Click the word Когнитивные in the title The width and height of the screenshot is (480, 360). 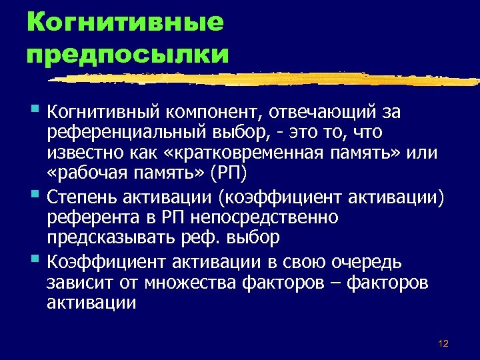[x=125, y=22]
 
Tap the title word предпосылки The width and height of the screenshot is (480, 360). [x=127, y=53]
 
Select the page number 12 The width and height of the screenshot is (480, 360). [x=443, y=343]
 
